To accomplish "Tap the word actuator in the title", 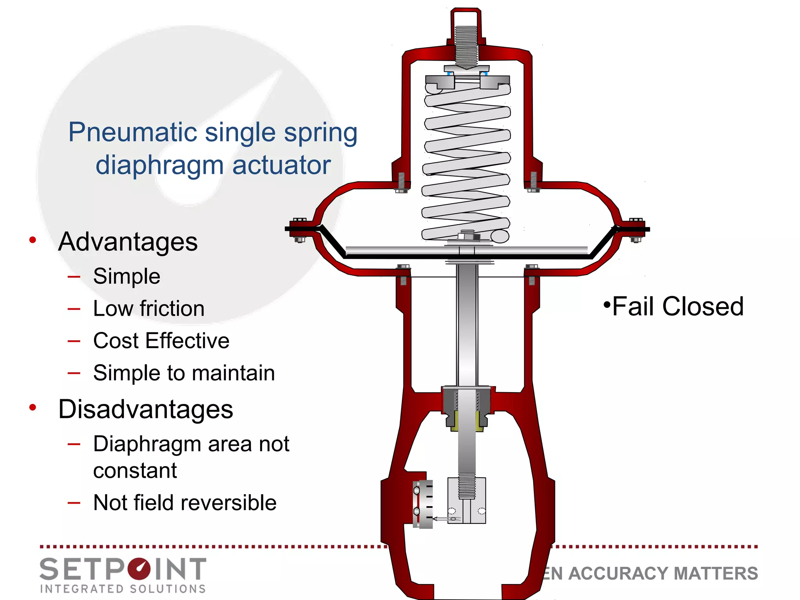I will click(x=281, y=165).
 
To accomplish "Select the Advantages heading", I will click(x=128, y=242).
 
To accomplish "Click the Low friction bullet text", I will click(x=148, y=309).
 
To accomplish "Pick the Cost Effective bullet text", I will click(x=161, y=341).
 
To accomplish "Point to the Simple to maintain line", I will click(x=184, y=373).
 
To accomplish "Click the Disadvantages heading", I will click(x=145, y=409).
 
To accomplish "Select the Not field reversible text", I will click(x=184, y=503).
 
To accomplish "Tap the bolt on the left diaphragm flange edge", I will click(x=300, y=230).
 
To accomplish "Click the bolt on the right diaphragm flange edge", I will click(x=636, y=230).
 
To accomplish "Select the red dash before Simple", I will click(x=74, y=277).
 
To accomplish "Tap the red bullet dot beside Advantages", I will click(x=33, y=240).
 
